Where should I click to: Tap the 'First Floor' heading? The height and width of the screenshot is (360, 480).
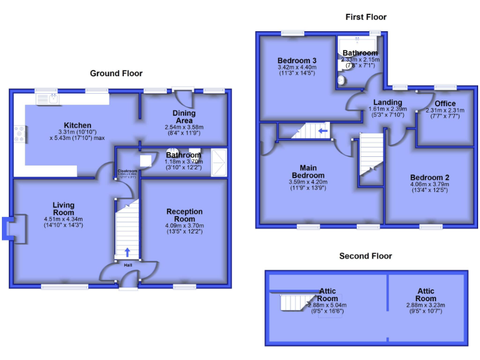pos(366,17)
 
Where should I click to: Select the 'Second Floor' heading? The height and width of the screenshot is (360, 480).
pos(366,256)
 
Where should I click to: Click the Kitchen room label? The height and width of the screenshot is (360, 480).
pos(77,126)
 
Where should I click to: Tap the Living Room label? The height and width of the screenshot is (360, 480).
pos(63,209)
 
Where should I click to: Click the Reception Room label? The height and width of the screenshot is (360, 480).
pos(184,215)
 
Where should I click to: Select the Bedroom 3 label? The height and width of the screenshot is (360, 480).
pos(297,61)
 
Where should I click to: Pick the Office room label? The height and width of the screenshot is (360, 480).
pos(445,104)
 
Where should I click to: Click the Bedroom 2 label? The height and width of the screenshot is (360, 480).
pos(430,177)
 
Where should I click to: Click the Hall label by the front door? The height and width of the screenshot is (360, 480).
pos(127,266)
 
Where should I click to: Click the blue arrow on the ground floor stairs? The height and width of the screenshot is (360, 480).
pos(127,252)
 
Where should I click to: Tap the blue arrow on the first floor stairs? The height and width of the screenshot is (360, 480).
pos(322,131)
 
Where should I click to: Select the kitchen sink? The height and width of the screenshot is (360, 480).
pos(47,98)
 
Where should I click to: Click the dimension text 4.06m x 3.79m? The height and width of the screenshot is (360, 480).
pos(430,184)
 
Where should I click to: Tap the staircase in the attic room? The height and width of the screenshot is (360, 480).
pos(294,302)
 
